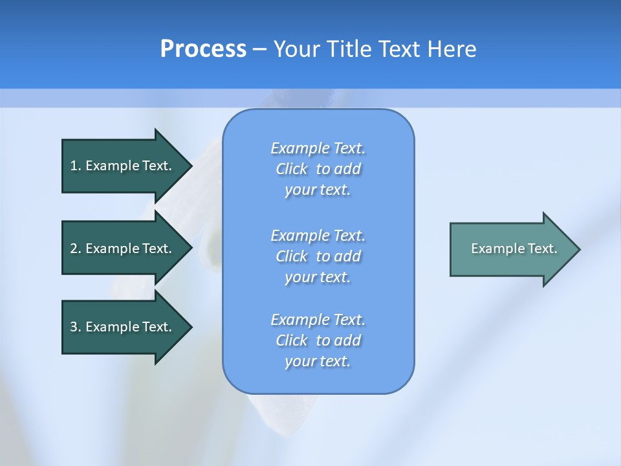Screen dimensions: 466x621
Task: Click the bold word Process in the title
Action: coord(203,49)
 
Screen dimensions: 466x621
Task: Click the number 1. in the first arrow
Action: coord(75,166)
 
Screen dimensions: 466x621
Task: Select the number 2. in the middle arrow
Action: coord(75,249)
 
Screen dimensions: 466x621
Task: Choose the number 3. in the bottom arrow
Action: coord(75,327)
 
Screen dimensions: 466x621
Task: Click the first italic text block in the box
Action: coord(318,169)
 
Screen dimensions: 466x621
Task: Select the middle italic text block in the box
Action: coord(318,256)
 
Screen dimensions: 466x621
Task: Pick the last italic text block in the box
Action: coord(318,340)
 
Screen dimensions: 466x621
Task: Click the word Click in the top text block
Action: coord(292,169)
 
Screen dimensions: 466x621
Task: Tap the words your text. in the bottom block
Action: coord(318,361)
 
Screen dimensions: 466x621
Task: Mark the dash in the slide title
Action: coord(259,50)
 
